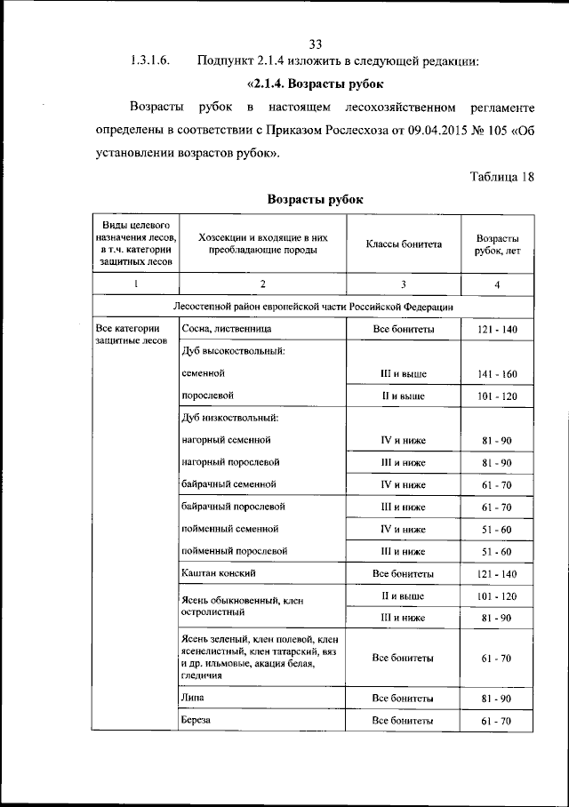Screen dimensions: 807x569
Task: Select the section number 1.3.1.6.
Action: click(149, 62)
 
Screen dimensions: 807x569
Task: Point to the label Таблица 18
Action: click(501, 175)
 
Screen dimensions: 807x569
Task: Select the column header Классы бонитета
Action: click(403, 244)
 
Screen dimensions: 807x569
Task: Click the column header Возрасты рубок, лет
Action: click(498, 244)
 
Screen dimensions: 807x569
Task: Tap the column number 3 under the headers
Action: click(403, 284)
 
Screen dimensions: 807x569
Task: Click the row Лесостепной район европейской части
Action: click(314, 307)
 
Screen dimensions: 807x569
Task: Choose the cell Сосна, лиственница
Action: click(220, 329)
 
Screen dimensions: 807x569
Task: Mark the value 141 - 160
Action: click(498, 374)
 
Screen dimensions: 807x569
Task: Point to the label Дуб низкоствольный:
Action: click(229, 417)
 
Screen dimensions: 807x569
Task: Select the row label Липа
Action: click(192, 698)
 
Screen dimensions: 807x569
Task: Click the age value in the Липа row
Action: click(498, 699)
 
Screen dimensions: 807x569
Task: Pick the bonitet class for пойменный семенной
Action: click(403, 530)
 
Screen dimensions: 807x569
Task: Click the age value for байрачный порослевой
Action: click(498, 507)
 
